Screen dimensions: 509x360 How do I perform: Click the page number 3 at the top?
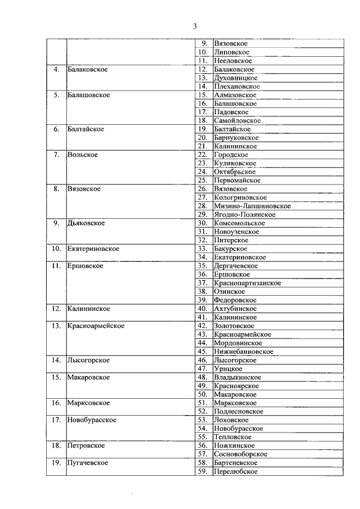195,25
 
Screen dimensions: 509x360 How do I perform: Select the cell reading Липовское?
232,52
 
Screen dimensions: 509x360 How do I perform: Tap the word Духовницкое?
236,78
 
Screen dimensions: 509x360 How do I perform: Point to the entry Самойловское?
237,121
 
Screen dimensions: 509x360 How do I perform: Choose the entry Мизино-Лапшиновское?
252,206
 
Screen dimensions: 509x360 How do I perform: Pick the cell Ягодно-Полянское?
244,215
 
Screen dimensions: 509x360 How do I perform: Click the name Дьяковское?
85,223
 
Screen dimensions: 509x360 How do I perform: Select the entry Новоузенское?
236,232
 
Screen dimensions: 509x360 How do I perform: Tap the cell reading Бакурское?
230,249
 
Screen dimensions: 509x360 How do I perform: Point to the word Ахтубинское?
235,309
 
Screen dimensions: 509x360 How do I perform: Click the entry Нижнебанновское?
244,352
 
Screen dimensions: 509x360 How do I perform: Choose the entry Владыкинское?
237,377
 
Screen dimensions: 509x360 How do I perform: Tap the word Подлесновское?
238,412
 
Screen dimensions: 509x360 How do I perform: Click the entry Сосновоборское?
240,454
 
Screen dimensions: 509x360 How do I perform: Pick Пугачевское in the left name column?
87,463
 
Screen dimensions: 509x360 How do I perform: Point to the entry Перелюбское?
236,471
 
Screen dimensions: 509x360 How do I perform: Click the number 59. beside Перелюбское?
202,471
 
